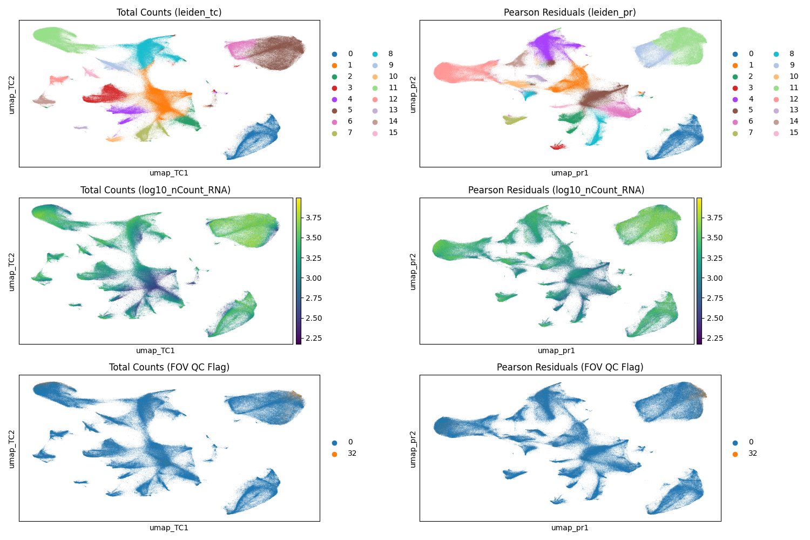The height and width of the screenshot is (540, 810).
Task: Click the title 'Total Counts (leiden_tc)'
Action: point(169,12)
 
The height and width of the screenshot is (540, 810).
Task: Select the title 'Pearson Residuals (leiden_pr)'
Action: point(570,12)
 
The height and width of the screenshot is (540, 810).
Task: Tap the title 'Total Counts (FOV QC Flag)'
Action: point(169,367)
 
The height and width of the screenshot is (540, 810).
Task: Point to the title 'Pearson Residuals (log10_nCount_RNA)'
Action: point(556,190)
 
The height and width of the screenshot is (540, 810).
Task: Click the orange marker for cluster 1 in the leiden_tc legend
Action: point(335,65)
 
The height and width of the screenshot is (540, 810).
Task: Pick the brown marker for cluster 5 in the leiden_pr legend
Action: point(735,110)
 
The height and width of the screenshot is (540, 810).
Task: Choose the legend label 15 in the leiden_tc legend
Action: point(393,133)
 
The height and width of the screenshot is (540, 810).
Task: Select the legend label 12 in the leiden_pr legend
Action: point(794,99)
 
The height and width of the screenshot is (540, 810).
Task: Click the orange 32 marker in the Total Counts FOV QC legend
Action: point(335,454)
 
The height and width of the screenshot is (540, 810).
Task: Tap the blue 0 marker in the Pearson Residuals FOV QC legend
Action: point(735,442)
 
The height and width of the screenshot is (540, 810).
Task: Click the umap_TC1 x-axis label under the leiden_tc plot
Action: point(169,173)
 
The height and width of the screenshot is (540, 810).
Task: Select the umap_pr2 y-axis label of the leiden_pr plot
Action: point(413,94)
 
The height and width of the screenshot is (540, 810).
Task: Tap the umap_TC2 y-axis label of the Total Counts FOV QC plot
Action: point(12,448)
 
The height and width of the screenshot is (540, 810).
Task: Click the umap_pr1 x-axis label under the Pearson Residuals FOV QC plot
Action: point(570,528)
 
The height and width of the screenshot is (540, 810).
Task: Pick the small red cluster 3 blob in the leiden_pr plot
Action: point(558,146)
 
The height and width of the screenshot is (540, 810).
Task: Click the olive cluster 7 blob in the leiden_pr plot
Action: point(514,119)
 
